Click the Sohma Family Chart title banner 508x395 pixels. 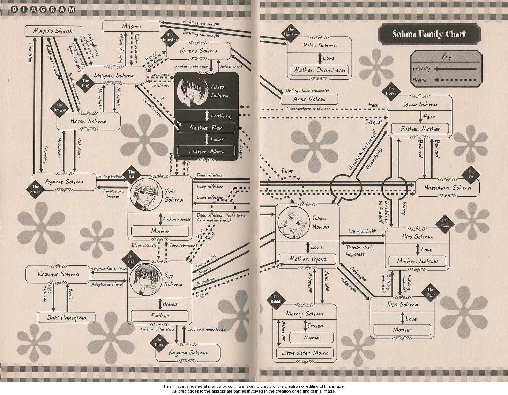coord(429,34)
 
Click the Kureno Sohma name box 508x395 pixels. coord(199,51)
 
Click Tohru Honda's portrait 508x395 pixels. coord(290,222)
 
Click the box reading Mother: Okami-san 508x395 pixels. coord(320,70)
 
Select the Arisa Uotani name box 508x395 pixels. coord(309,100)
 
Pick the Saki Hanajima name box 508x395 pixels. coord(67,317)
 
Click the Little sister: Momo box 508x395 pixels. coord(305,353)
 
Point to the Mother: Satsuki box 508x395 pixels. coord(418,261)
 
